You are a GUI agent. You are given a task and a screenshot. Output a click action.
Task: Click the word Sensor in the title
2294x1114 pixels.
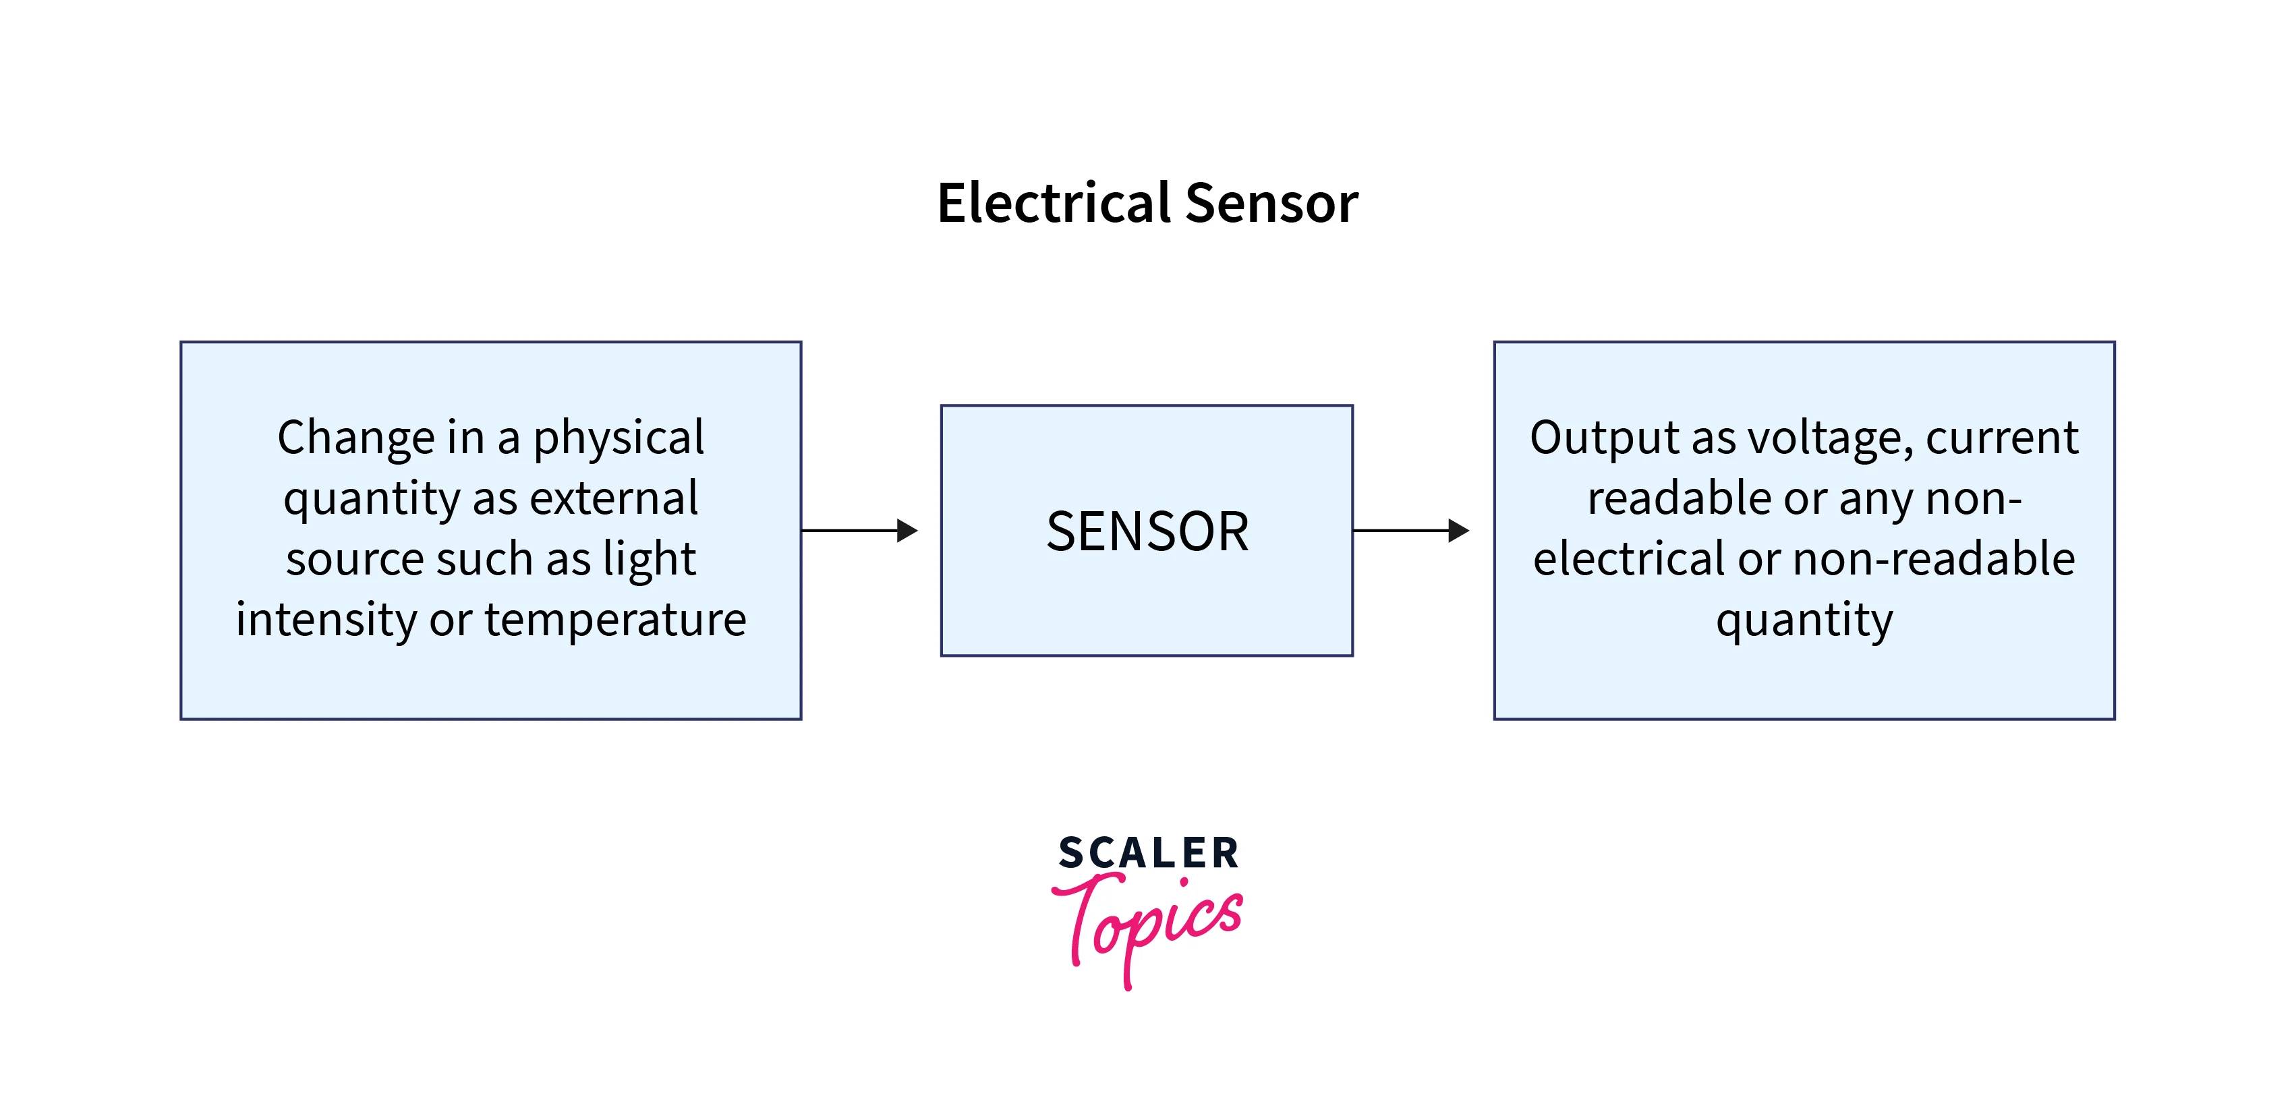(x=1271, y=203)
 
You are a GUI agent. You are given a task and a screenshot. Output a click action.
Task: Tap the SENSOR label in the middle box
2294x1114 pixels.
(x=1147, y=531)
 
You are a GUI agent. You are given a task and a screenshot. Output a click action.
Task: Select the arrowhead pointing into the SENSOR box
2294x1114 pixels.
(x=907, y=531)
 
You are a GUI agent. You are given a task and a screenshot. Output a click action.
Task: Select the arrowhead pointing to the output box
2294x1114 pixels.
(x=1459, y=531)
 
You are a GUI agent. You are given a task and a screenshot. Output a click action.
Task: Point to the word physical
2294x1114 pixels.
(x=618, y=438)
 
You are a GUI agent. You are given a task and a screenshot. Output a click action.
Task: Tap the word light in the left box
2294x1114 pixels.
(x=649, y=559)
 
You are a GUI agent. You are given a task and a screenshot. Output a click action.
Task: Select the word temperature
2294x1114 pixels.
(x=615, y=619)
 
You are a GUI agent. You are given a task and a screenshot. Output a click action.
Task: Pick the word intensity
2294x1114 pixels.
(x=325, y=619)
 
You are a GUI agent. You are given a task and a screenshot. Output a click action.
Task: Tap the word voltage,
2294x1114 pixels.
(x=1830, y=438)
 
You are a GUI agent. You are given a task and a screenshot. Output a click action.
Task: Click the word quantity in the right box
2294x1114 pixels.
(x=1804, y=620)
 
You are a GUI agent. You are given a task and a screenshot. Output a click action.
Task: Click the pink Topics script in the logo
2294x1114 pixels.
(x=1149, y=926)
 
